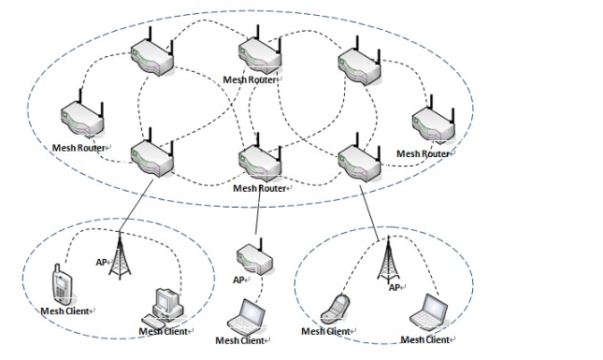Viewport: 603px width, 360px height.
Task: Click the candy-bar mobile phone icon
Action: point(62,283)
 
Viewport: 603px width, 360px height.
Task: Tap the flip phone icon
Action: point(335,309)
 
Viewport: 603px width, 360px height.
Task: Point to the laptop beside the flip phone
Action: point(428,312)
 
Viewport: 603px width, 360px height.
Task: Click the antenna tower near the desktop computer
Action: point(120,255)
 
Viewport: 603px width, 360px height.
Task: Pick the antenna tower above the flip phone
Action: point(388,259)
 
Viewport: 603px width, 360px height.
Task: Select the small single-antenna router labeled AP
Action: point(254,256)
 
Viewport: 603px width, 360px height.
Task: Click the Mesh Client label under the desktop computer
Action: point(164,331)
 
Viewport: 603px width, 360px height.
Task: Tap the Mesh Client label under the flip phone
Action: point(325,331)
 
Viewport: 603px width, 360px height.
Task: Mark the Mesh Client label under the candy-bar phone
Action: point(65,310)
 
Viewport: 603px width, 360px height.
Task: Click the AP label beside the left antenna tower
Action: point(101,263)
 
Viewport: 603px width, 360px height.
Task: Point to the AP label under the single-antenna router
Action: point(238,280)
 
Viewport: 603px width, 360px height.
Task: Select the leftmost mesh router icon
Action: point(82,113)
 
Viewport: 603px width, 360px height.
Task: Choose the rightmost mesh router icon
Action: point(434,120)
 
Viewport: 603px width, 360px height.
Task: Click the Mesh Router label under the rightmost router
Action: point(423,154)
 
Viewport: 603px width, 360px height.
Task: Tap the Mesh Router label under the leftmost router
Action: point(79,148)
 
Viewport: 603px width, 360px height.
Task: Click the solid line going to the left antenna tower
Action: point(136,205)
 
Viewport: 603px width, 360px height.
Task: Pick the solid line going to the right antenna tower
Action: point(369,213)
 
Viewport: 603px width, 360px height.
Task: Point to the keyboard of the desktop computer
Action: point(153,321)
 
